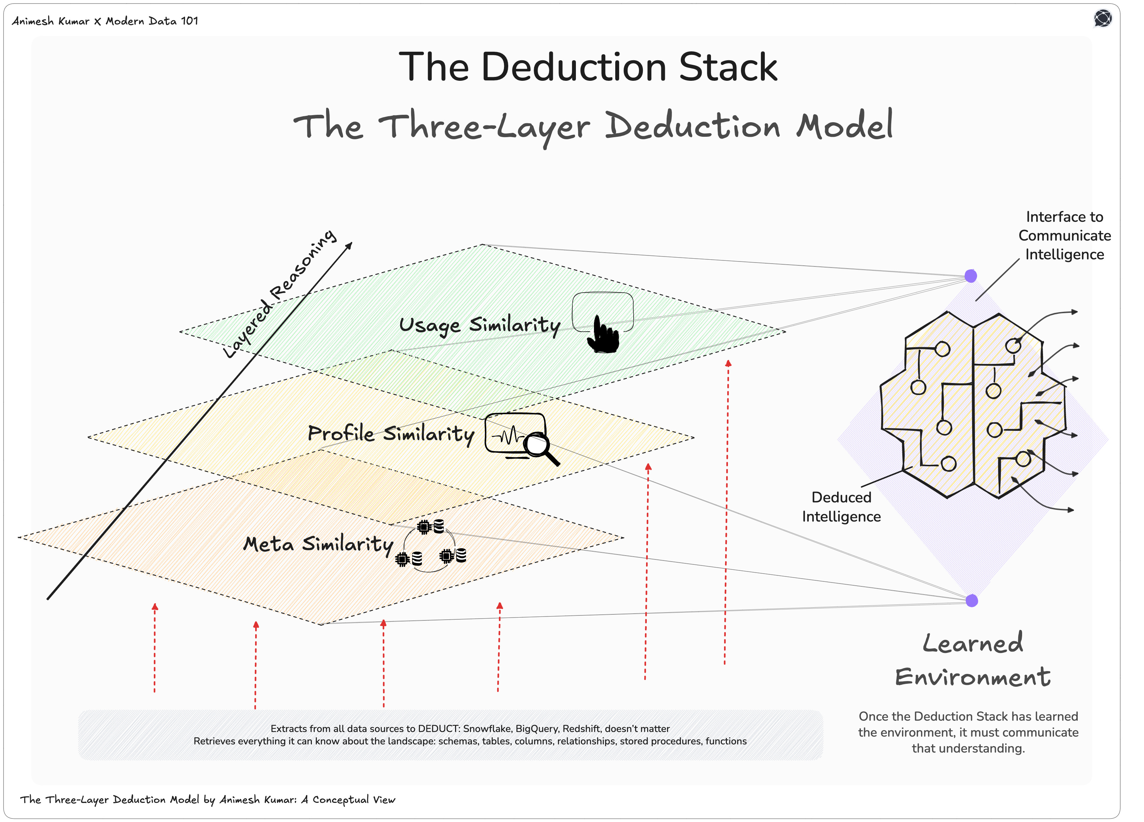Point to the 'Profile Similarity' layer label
[391, 434]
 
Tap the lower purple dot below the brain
[971, 601]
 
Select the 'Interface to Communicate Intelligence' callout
[1064, 236]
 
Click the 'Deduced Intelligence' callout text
[841, 507]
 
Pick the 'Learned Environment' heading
[972, 660]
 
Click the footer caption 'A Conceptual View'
[348, 800]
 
